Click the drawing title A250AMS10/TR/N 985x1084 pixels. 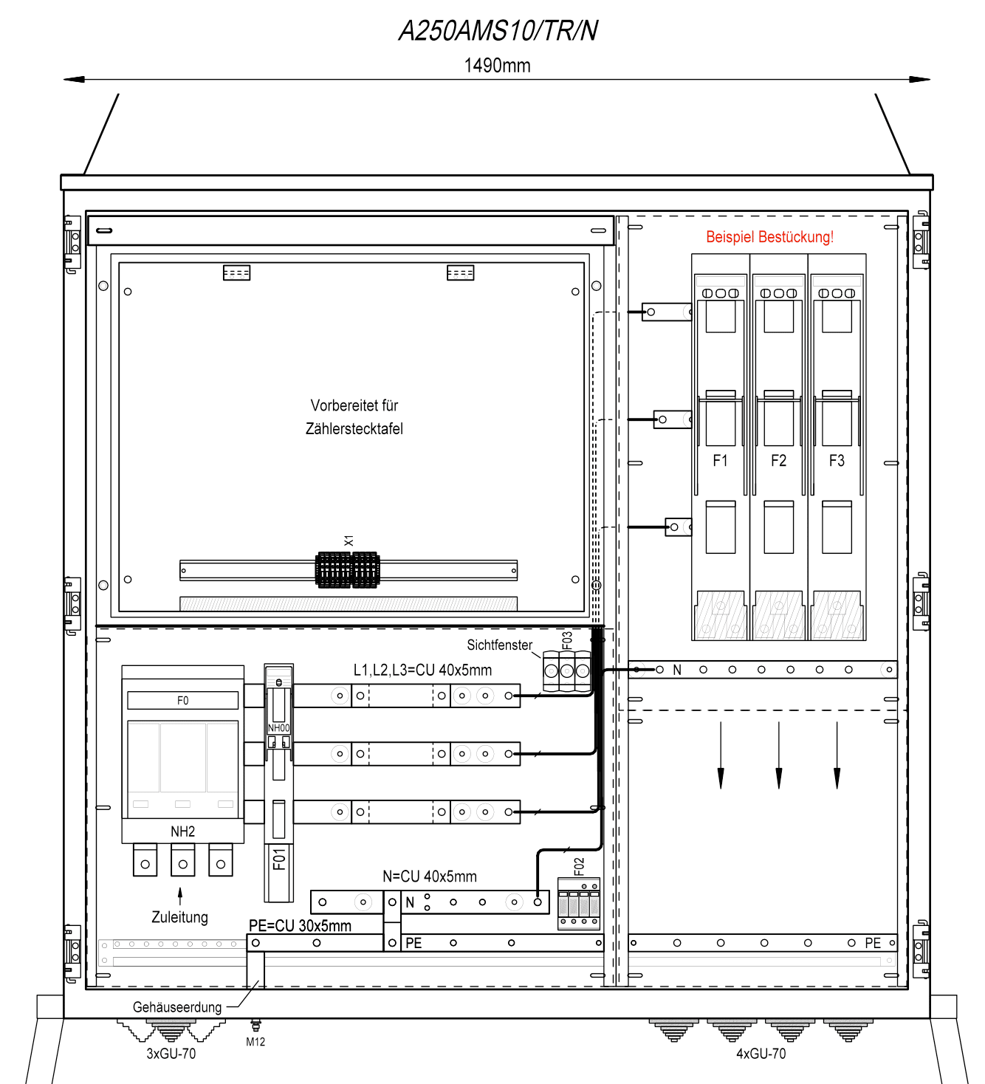(498, 30)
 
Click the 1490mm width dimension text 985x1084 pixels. (497, 66)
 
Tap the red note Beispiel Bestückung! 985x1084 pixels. (769, 237)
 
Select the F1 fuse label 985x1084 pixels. (720, 460)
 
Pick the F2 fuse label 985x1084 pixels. (778, 460)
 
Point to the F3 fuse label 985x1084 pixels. (837, 460)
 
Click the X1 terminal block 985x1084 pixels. (347, 569)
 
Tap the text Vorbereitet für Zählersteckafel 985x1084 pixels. (354, 416)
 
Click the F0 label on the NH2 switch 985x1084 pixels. (182, 700)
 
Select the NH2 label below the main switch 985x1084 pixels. (182, 831)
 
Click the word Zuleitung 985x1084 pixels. (179, 917)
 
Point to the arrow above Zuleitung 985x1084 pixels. (180, 896)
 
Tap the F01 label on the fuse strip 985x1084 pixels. (279, 860)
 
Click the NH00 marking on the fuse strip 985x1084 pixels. (279, 728)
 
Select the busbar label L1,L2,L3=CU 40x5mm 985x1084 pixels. (422, 670)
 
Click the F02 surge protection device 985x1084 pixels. (578, 904)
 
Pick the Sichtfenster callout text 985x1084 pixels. (500, 645)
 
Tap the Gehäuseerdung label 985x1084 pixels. (177, 1006)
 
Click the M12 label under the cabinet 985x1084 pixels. (255, 1041)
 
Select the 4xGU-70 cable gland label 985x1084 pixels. (761, 1053)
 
